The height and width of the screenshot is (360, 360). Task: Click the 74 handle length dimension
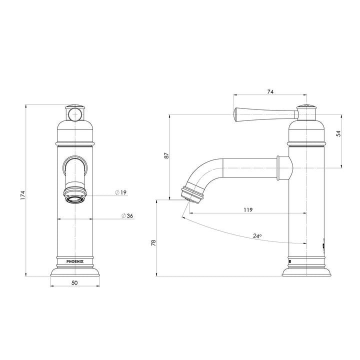[270, 92]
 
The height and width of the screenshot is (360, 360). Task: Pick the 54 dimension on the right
[338, 133]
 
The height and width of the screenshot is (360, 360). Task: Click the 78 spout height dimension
[154, 242]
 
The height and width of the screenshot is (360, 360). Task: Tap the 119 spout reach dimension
[248, 209]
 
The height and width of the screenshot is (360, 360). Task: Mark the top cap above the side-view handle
[306, 107]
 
